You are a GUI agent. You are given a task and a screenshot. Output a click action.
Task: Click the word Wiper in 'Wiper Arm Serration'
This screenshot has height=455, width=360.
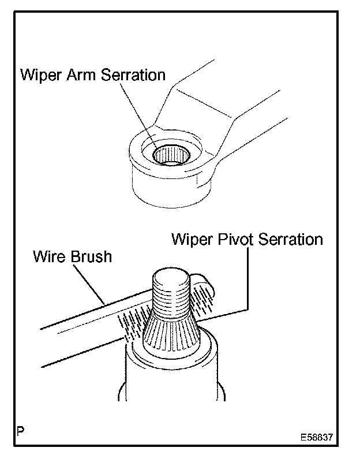(40, 76)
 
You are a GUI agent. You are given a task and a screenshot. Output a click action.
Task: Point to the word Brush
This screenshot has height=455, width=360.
(91, 257)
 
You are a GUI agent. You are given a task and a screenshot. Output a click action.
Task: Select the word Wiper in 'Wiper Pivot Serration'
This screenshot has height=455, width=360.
(192, 240)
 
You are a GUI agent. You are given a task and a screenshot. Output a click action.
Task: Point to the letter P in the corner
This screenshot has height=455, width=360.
(21, 430)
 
